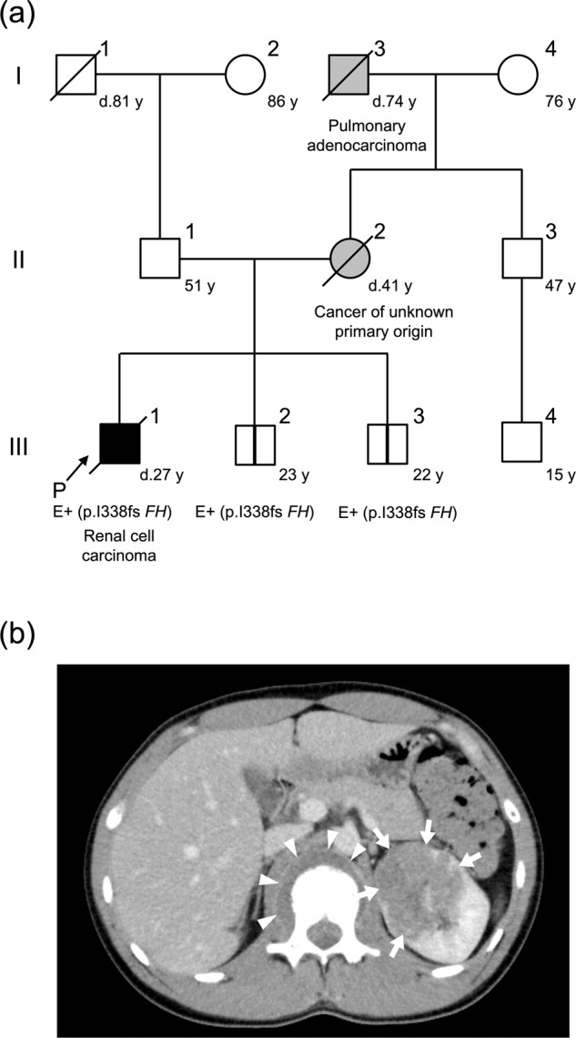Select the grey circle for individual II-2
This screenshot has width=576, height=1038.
pyautogui.click(x=350, y=259)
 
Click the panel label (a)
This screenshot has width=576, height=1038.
pyautogui.click(x=19, y=16)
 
